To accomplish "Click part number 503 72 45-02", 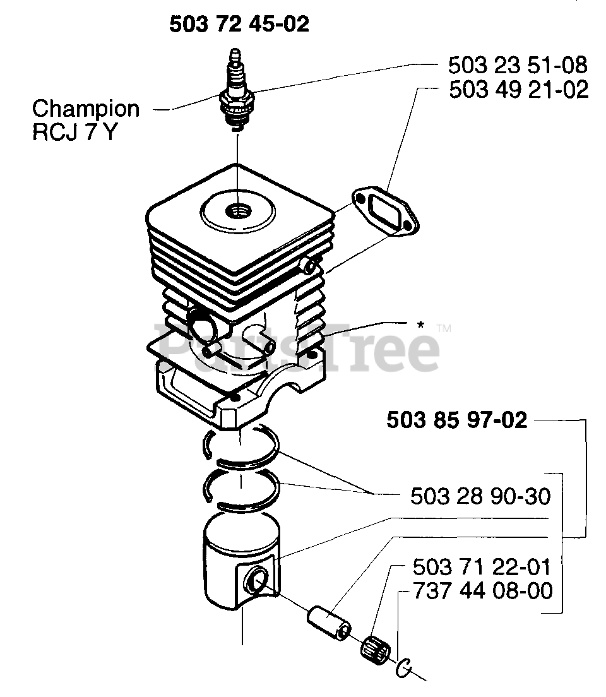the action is point(239,24).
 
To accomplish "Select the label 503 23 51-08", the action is point(518,65).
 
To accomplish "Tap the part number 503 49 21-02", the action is point(518,90).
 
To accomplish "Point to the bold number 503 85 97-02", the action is point(456,420).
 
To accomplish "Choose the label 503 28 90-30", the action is point(480,496).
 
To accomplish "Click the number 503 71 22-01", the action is point(483,566).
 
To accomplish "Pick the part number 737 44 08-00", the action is point(483,591).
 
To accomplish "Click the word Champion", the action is point(86,109).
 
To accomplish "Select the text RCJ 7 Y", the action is point(74,133).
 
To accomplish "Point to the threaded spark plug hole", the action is point(239,211).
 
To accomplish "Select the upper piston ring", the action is point(243,448).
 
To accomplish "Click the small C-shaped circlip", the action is point(404,667).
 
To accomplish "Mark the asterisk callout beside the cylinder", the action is point(420,326).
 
